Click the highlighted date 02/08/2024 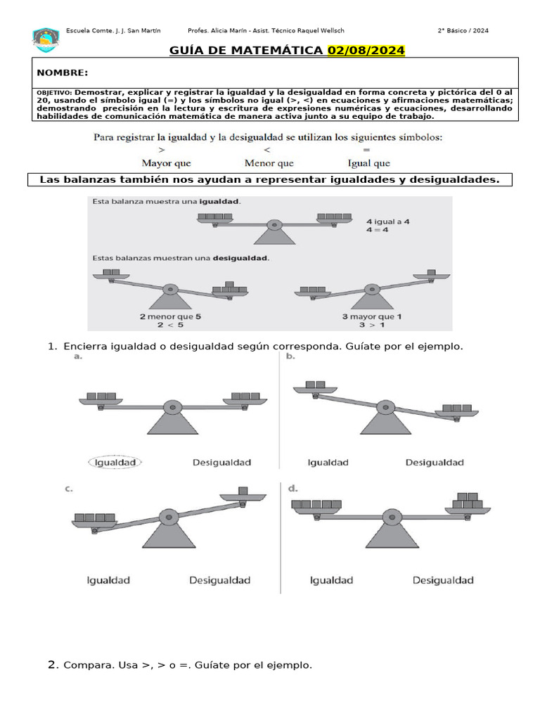pyautogui.click(x=366, y=51)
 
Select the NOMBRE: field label pyautogui.click(x=63, y=73)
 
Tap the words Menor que pyautogui.click(x=269, y=163)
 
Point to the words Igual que pyautogui.click(x=369, y=163)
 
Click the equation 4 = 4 pyautogui.click(x=378, y=230)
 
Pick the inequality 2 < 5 pyautogui.click(x=170, y=325)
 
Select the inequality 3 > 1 pyautogui.click(x=372, y=325)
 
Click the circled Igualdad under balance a pyautogui.click(x=115, y=462)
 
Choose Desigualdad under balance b pyautogui.click(x=435, y=462)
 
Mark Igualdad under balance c pyautogui.click(x=108, y=580)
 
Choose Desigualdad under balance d pyautogui.click(x=443, y=580)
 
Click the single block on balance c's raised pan pyautogui.click(x=243, y=490)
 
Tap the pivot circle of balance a pyautogui.click(x=172, y=407)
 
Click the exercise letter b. pyautogui.click(x=290, y=357)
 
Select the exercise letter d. pyautogui.click(x=292, y=487)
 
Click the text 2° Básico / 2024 pyautogui.click(x=463, y=30)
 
